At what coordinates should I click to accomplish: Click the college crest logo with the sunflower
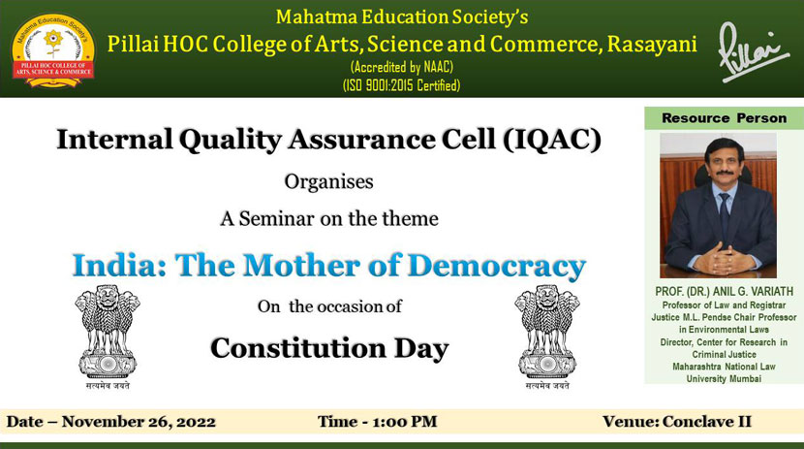[x=53, y=50]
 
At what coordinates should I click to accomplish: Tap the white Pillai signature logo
[x=754, y=51]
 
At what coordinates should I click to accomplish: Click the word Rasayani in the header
[x=652, y=45]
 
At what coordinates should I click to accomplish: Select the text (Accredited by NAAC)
[x=401, y=67]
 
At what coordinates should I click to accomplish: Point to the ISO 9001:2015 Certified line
[x=401, y=85]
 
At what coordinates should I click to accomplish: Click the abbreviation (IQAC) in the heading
[x=551, y=140]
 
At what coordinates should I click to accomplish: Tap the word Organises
[x=328, y=182]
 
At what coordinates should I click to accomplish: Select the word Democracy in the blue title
[x=496, y=267]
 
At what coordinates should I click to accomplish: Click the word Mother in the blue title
[x=302, y=266]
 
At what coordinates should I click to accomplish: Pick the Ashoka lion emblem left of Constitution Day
[x=108, y=336]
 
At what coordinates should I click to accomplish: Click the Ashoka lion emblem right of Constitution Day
[x=547, y=336]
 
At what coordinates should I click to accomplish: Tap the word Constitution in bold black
[x=298, y=348]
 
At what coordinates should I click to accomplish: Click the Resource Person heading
[x=724, y=118]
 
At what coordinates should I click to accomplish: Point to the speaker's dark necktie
[x=724, y=215]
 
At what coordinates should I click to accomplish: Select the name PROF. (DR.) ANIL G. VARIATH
[x=724, y=292]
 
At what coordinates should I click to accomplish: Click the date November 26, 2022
[x=139, y=422]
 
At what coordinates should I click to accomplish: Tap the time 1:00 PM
[x=405, y=421]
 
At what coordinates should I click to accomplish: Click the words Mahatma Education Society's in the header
[x=401, y=16]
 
